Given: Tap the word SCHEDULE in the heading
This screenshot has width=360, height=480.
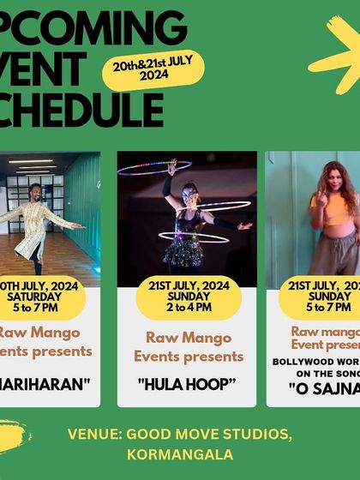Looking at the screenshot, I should pyautogui.click(x=81, y=109).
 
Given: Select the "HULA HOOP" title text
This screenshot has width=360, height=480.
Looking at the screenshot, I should pyautogui.click(x=186, y=385).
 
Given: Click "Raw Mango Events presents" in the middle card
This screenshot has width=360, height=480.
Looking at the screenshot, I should pyautogui.click(x=195, y=346).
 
